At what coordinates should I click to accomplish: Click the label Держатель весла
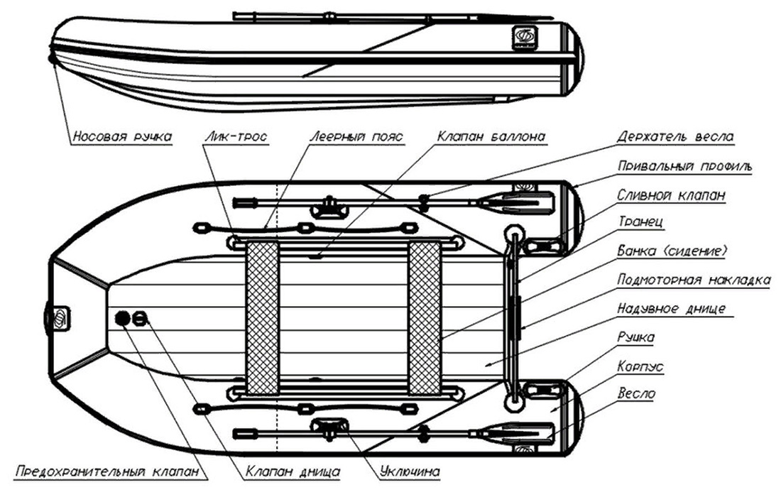(675, 136)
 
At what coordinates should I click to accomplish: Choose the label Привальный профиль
(684, 166)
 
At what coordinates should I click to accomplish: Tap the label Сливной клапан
(671, 195)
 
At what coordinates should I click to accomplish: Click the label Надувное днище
(671, 309)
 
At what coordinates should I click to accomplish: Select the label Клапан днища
(293, 471)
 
